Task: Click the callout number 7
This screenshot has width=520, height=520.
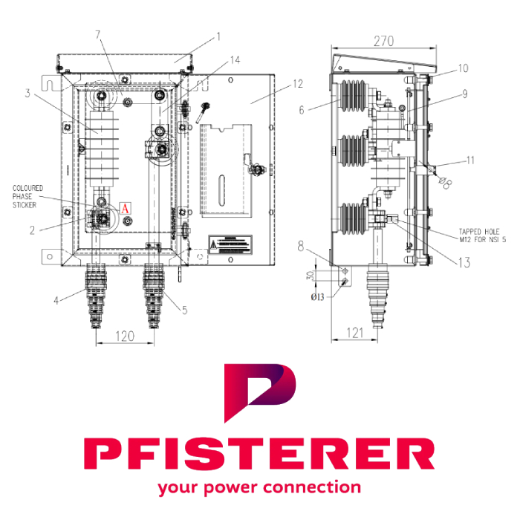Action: coord(97,36)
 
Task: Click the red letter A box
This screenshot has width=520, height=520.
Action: coord(125,208)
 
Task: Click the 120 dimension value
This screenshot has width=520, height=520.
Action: coord(126,337)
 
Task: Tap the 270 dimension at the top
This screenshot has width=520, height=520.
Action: coord(383,42)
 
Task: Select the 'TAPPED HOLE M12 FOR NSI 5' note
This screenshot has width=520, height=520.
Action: coord(479,235)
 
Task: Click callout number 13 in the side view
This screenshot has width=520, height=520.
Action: coord(465,261)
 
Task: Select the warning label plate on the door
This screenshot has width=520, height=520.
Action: coord(230,244)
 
